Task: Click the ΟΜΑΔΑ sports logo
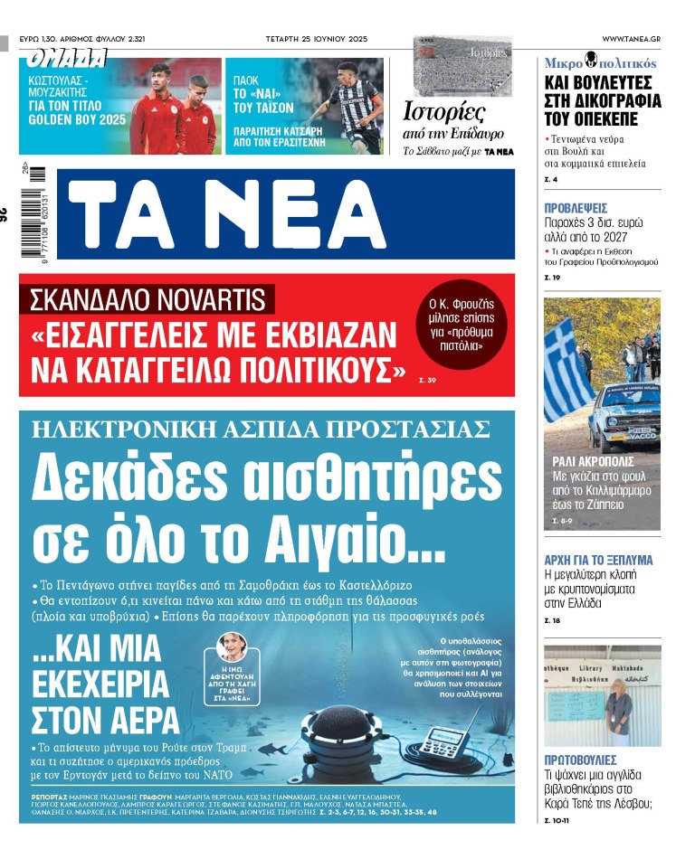(67, 60)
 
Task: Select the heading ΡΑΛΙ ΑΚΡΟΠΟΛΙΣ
(588, 459)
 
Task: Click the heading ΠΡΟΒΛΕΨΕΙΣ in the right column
(576, 207)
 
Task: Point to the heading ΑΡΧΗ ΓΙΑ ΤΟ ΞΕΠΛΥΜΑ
(598, 560)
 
